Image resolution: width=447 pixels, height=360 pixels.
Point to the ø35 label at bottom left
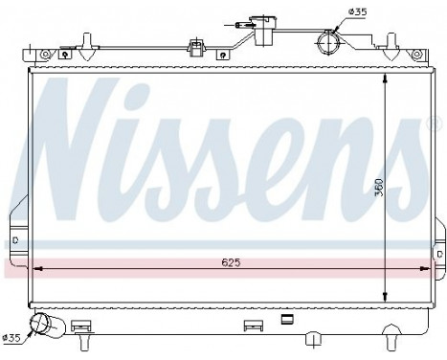[12, 335]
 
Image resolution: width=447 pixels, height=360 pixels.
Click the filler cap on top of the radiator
[256, 21]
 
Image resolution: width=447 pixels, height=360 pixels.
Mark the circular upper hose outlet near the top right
[326, 42]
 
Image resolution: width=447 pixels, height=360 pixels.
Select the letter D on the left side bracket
[16, 239]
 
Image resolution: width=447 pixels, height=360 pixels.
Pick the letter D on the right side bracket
[436, 254]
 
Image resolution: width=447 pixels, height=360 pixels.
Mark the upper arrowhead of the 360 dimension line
[383, 76]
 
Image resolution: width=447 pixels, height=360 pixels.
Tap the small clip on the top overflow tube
[198, 44]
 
